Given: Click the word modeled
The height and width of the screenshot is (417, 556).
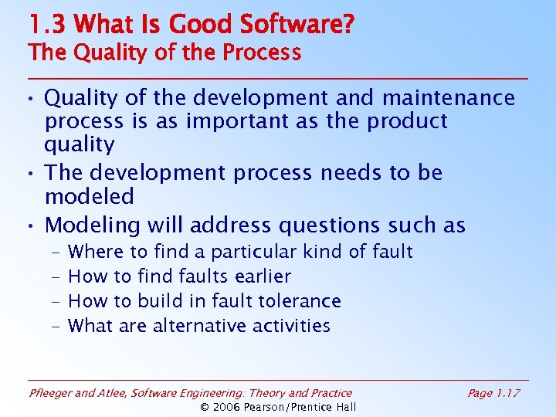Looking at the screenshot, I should click(x=90, y=196).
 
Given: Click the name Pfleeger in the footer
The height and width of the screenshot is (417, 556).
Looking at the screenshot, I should click(x=52, y=393).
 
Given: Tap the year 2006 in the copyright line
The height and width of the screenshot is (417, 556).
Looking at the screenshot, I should click(x=229, y=407).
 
